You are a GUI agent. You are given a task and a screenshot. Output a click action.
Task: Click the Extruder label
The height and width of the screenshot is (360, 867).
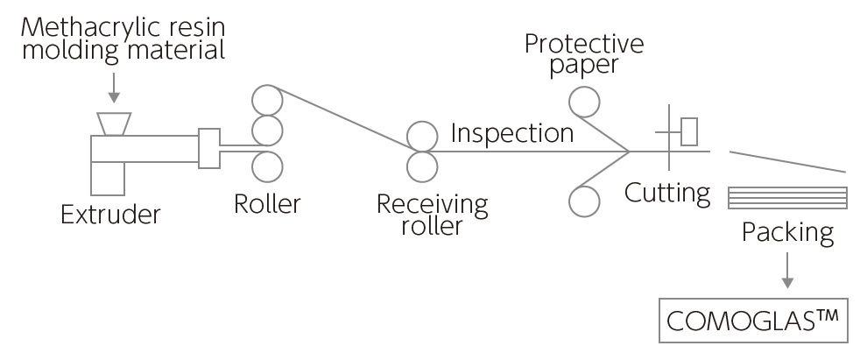(110, 213)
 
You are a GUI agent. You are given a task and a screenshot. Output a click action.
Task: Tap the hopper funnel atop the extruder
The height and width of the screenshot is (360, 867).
(112, 124)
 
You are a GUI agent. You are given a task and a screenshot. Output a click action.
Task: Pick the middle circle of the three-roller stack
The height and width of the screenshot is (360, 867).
(268, 131)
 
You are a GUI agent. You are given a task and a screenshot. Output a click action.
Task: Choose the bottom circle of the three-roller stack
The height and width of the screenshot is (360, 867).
(268, 165)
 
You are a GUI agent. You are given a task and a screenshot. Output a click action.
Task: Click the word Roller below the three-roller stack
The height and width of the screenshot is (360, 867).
(267, 204)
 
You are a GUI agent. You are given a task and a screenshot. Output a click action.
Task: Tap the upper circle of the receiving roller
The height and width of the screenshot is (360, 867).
(421, 135)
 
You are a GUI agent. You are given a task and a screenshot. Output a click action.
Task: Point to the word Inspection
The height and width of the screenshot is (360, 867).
(512, 133)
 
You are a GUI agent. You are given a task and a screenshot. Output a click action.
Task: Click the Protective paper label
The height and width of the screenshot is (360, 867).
(584, 55)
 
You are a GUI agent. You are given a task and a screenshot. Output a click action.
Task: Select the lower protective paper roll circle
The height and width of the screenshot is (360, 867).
(582, 201)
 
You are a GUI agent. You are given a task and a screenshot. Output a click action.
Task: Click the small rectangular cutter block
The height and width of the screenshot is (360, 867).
(689, 131)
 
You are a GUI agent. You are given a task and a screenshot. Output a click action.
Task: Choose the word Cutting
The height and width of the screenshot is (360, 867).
(667, 192)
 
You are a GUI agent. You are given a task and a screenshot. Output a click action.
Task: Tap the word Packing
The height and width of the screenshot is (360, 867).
(787, 233)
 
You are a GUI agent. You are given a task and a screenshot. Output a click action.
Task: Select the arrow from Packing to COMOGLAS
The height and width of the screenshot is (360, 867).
(787, 271)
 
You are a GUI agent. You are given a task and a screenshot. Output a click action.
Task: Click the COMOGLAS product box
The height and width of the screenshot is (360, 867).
(754, 321)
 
